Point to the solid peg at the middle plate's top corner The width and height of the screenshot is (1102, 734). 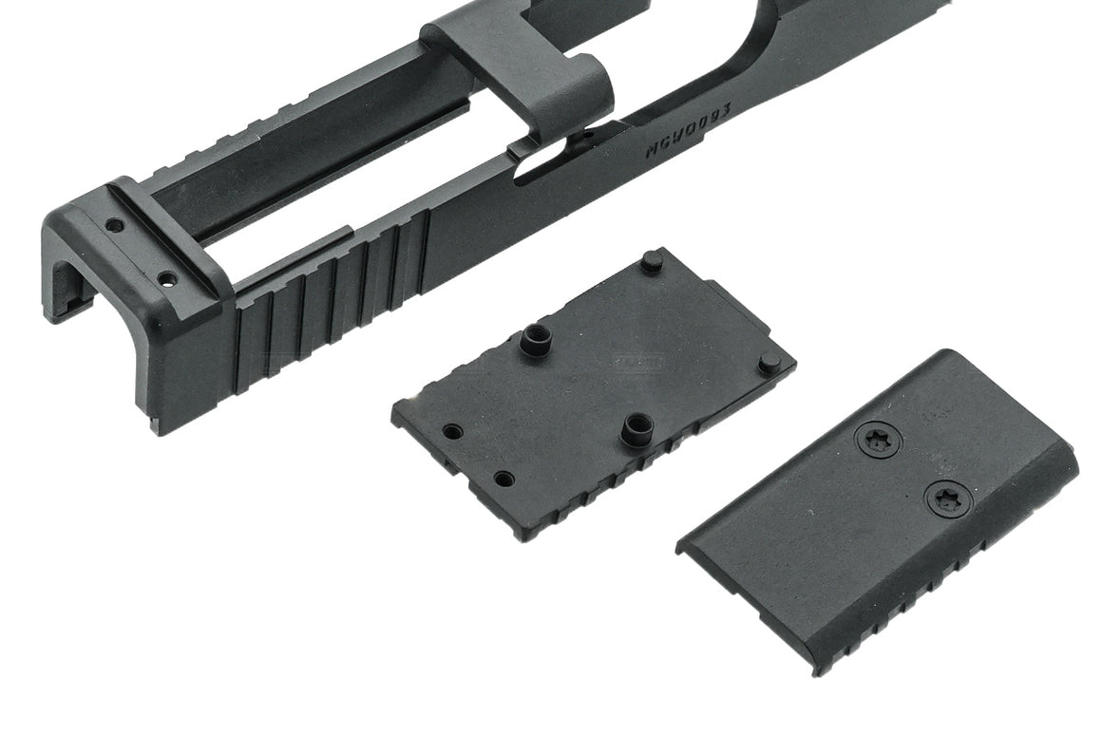click(x=652, y=261)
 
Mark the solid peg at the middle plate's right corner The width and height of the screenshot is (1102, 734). click(x=770, y=362)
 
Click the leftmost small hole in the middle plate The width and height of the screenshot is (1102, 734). click(x=452, y=432)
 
